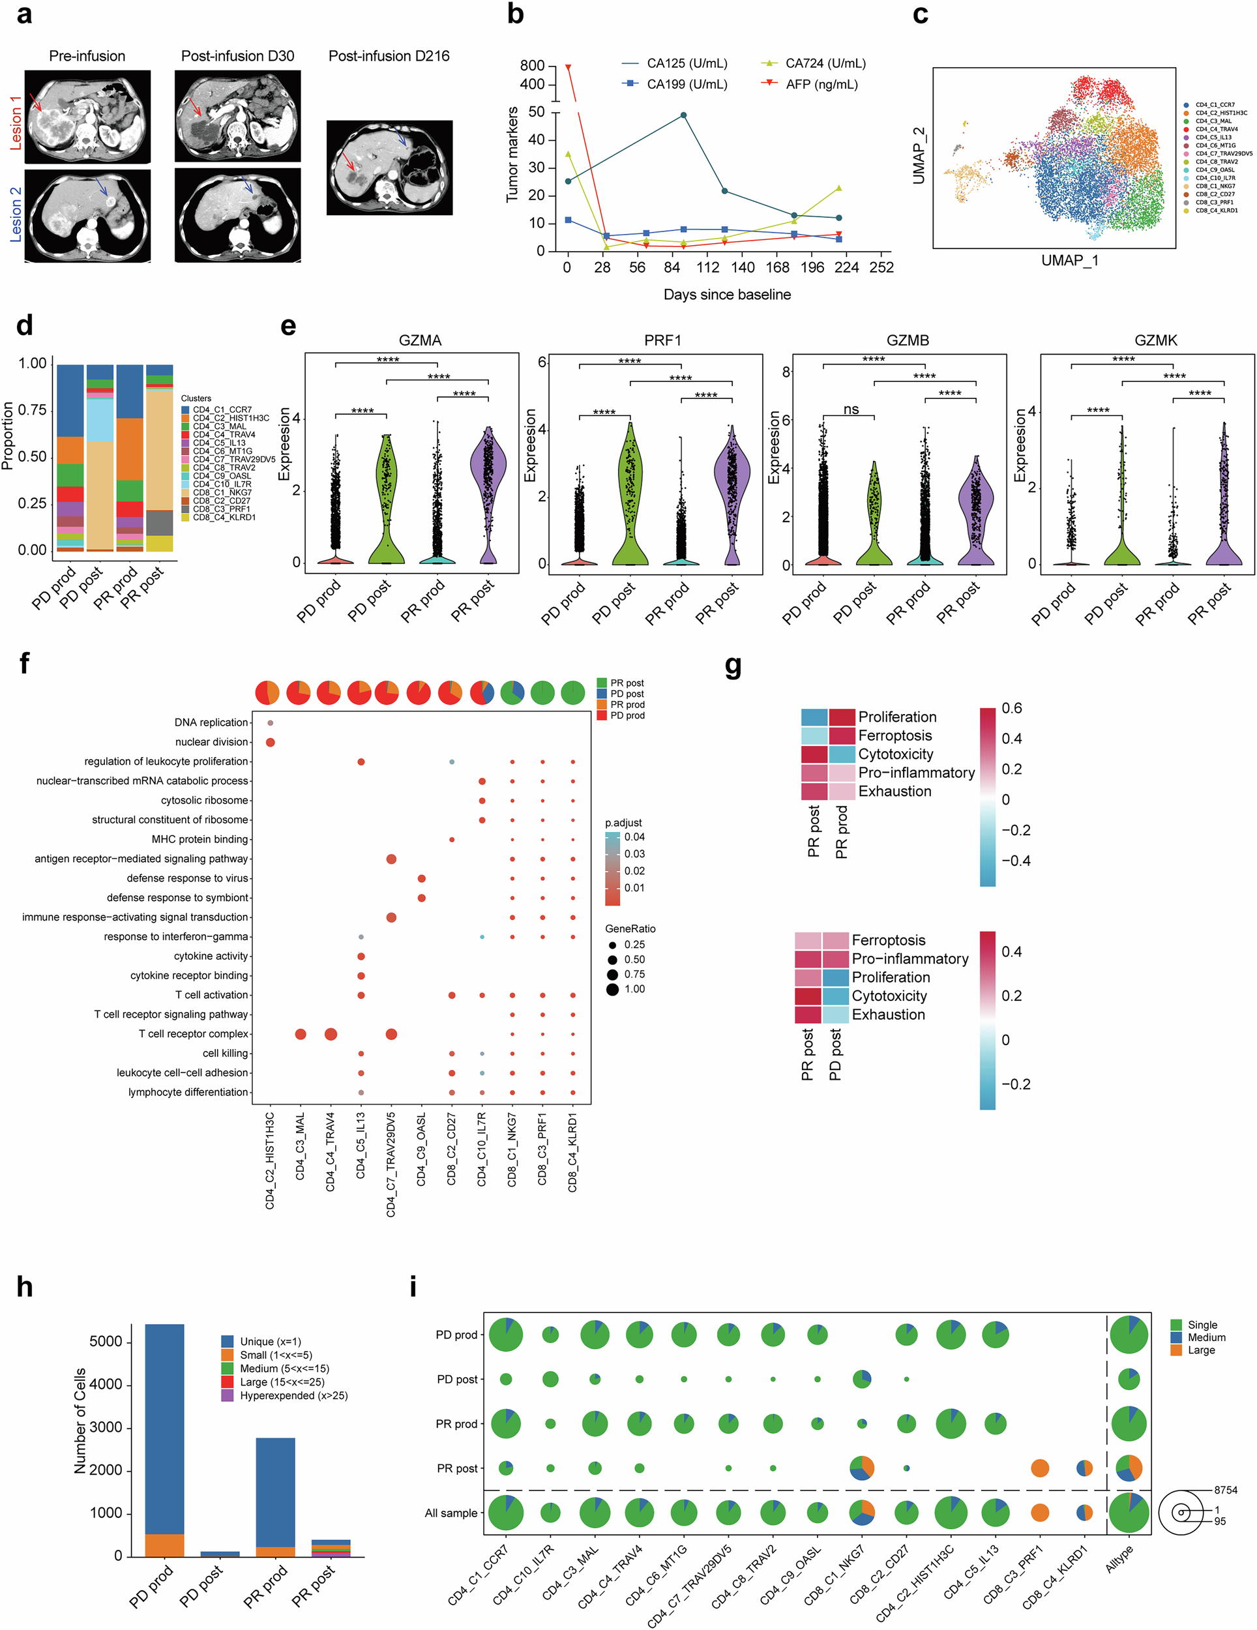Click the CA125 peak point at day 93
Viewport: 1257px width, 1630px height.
[684, 115]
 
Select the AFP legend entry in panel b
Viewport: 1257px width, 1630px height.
[821, 84]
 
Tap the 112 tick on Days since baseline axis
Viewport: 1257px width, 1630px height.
[707, 267]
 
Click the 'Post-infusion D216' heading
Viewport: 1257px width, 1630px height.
[389, 56]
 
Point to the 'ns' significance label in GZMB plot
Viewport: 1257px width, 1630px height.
[851, 409]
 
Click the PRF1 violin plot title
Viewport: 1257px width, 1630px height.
[663, 340]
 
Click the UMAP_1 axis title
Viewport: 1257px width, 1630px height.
[1070, 260]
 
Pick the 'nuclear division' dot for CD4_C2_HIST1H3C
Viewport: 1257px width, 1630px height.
[270, 742]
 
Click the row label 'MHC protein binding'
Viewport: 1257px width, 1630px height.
[200, 840]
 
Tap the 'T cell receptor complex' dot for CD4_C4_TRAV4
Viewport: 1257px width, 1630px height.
[331, 1035]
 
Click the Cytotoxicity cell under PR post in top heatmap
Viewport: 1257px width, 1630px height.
[814, 754]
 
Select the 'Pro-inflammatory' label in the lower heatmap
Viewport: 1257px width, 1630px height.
[910, 959]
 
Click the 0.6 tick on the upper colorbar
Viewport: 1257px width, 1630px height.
[1012, 708]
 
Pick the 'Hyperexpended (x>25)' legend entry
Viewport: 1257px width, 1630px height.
[293, 1396]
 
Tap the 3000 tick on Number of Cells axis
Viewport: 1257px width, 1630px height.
[105, 1428]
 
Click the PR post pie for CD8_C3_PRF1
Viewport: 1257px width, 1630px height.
[1040, 1469]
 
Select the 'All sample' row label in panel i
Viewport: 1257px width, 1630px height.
[451, 1513]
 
